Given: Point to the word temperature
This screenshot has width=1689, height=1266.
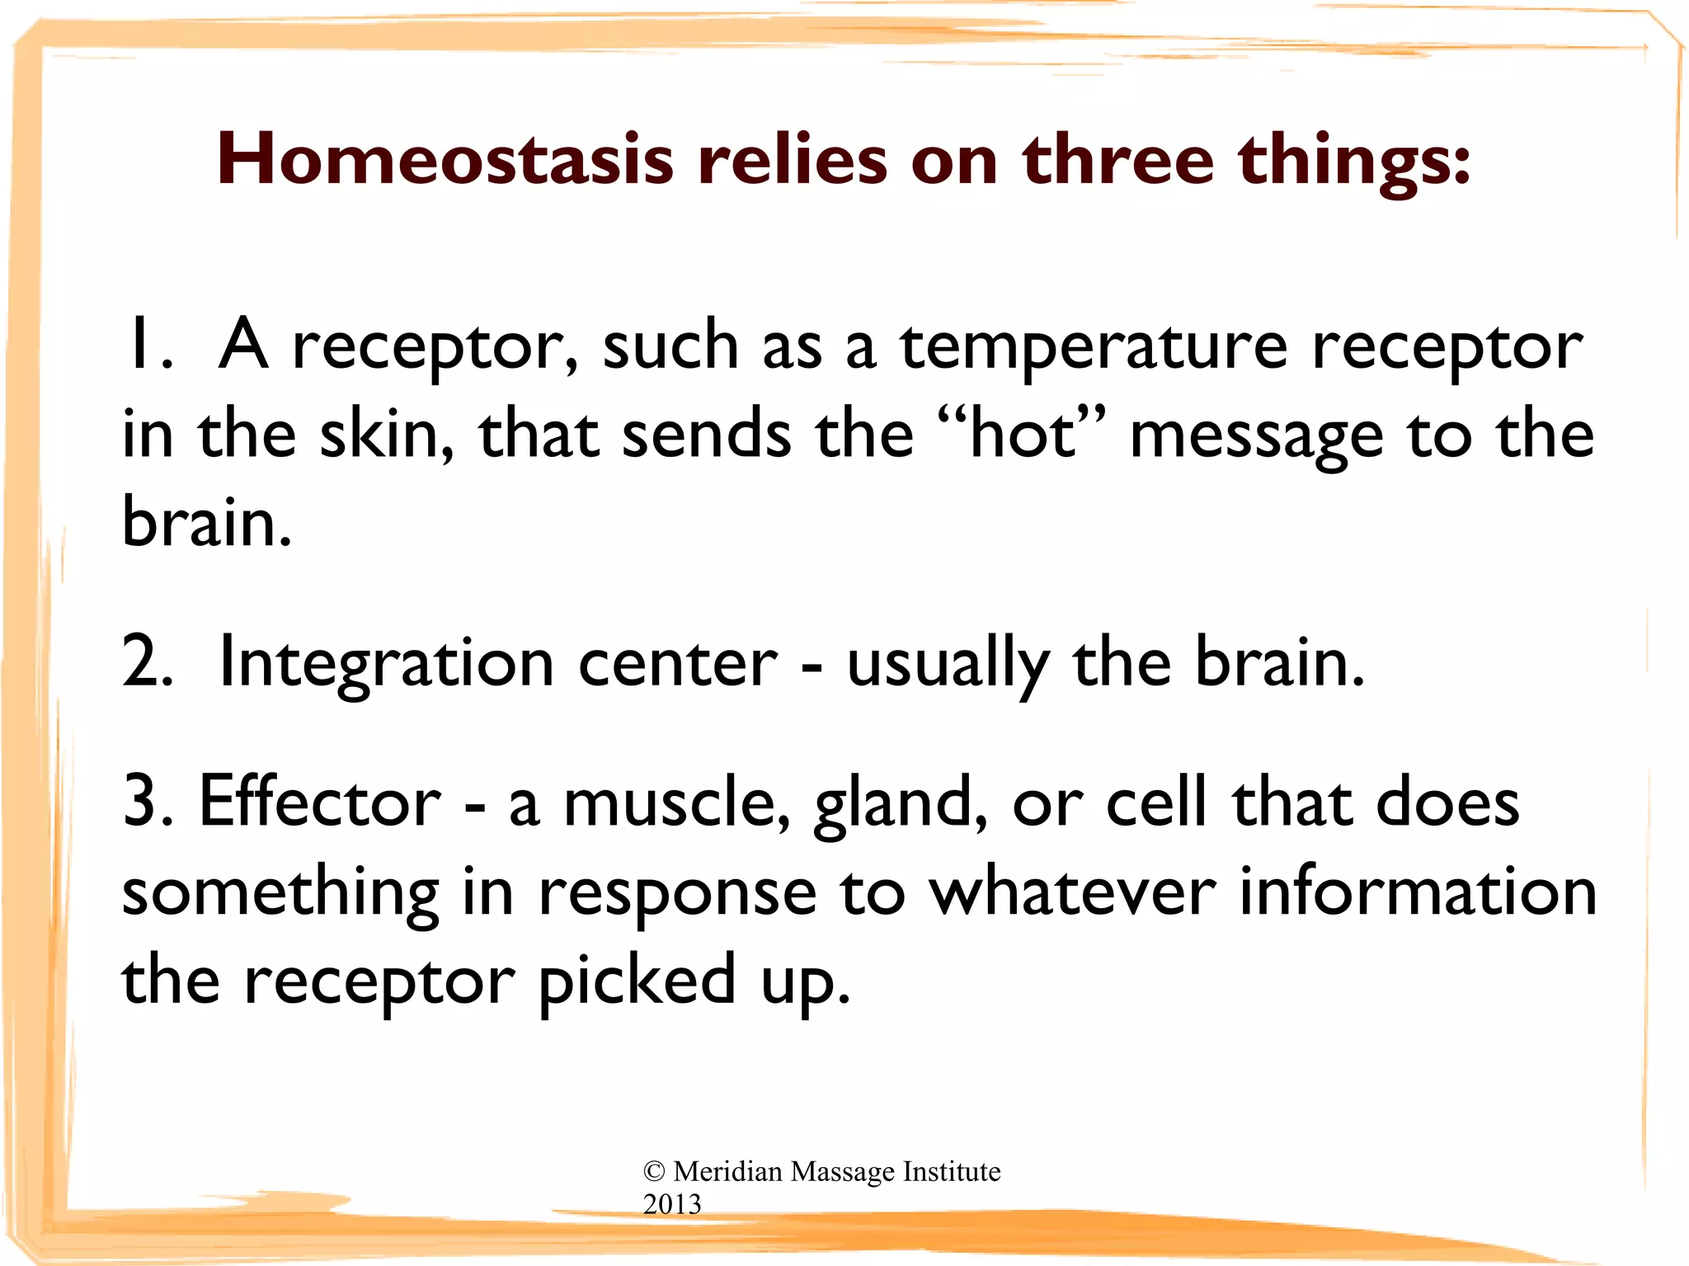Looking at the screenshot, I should pyautogui.click(x=1093, y=346).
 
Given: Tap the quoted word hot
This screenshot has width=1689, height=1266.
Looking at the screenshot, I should pyautogui.click(x=1023, y=435).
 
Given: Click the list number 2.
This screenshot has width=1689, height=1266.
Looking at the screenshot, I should pyautogui.click(x=147, y=662).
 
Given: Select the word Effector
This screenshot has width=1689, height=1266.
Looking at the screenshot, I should pyautogui.click(x=320, y=801).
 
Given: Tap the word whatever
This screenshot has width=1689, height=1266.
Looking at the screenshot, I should pyautogui.click(x=1072, y=892).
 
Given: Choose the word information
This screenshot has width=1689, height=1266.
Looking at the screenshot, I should pyautogui.click(x=1418, y=892).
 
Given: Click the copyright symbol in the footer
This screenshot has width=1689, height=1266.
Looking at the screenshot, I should pyautogui.click(x=654, y=1171).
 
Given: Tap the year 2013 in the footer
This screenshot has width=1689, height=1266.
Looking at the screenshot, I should pyautogui.click(x=672, y=1204).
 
